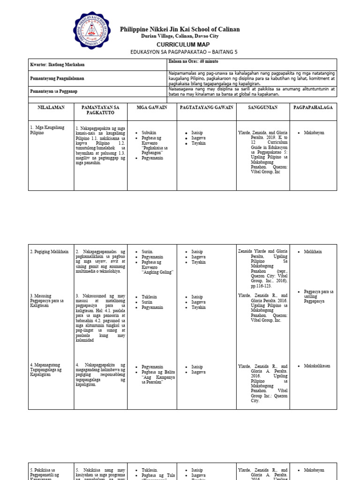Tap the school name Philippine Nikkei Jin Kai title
click(180, 30)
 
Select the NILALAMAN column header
click(51, 107)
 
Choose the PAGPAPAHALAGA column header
click(313, 107)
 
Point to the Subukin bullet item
click(149, 133)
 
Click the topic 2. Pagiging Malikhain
click(49, 252)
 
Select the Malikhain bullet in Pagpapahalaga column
click(313, 252)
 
